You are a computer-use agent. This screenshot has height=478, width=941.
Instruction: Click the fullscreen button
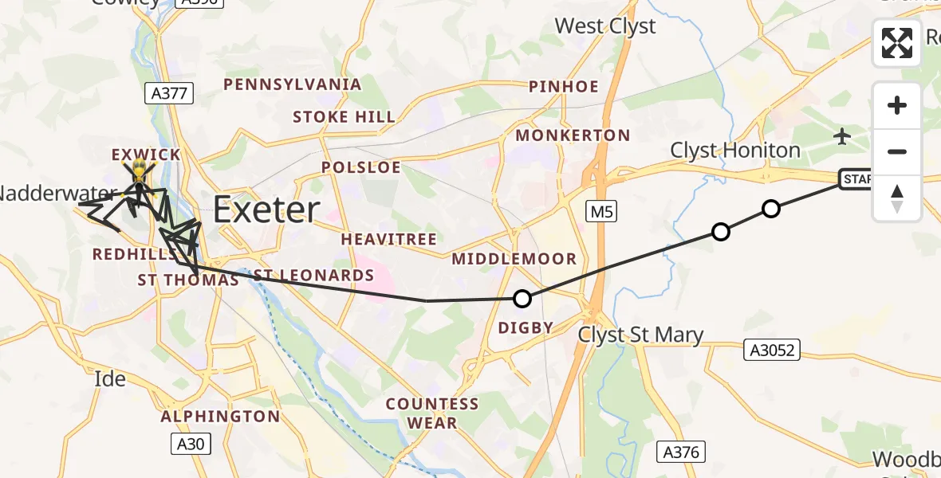coord(897,43)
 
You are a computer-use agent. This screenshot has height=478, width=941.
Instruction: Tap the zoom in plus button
coord(897,105)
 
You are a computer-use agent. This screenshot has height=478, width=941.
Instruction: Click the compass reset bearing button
coord(897,199)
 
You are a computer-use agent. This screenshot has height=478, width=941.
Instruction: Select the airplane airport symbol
coord(842,136)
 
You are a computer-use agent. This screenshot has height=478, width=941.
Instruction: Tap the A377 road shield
coord(170,93)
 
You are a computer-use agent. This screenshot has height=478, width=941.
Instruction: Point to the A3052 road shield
coord(773,350)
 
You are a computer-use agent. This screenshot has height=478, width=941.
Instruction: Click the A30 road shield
coord(191,444)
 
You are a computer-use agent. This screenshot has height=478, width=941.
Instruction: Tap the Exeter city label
coord(266,210)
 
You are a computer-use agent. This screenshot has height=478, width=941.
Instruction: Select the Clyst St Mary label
coord(641,335)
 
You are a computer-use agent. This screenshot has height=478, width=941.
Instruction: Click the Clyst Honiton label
coord(734,150)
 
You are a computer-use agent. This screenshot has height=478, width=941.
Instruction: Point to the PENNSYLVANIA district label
coord(292,84)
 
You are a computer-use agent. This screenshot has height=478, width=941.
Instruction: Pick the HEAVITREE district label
coord(389,239)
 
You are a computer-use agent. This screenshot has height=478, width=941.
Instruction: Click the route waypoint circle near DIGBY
coord(522,299)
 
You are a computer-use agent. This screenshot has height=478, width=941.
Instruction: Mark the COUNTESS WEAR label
coord(432,413)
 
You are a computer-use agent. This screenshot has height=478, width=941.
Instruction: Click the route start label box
coord(858,179)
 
